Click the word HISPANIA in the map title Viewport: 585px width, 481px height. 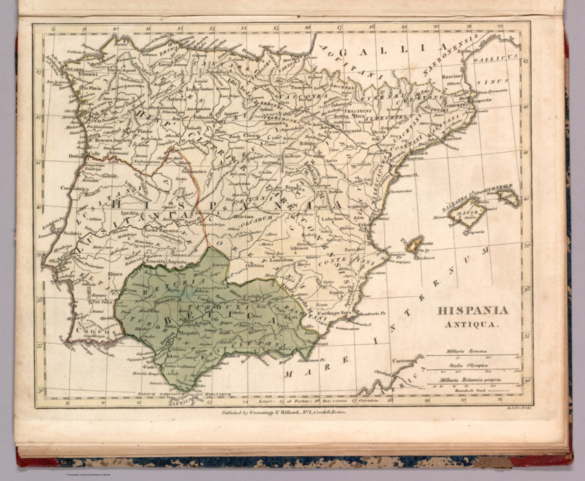[472, 311]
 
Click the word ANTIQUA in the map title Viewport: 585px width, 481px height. [472, 325]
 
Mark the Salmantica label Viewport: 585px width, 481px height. [194, 172]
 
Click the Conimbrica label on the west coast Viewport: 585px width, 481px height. [75, 188]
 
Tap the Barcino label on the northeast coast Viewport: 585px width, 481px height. [452, 138]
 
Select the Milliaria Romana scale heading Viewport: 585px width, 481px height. [467, 352]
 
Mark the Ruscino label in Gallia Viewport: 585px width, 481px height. [451, 77]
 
